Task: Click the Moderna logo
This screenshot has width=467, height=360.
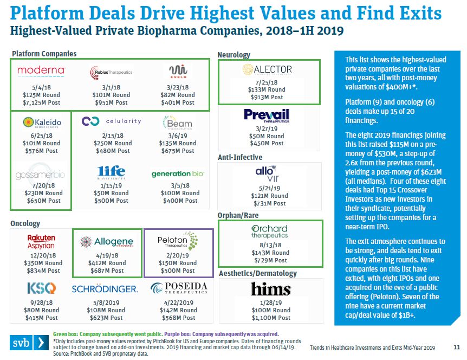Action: point(41,70)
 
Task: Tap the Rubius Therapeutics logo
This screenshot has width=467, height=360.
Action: point(111,72)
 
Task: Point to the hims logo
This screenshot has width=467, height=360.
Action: point(270,288)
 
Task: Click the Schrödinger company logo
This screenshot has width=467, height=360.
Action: point(108,289)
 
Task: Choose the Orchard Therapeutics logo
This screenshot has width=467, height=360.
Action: point(270,232)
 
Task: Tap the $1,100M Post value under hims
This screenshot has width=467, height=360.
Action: point(270,317)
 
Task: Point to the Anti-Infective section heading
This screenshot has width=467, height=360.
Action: point(239,157)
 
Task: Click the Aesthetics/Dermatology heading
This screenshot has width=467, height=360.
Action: point(257,273)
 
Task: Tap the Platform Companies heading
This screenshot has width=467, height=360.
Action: point(44,54)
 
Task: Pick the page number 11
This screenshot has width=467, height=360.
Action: point(456,346)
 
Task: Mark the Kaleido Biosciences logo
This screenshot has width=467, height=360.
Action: point(42,123)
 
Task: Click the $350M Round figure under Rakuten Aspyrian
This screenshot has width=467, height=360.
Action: point(41,263)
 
